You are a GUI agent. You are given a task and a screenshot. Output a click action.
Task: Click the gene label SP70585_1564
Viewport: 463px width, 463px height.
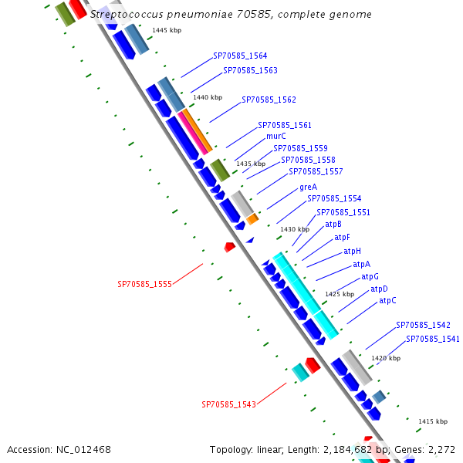coord(240,56)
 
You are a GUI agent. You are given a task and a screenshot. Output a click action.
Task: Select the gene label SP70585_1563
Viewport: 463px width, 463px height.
coord(250,70)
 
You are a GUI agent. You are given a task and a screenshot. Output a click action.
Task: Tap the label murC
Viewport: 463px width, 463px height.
coord(275,136)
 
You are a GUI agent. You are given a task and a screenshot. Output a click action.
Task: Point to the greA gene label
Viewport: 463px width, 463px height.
coord(308,188)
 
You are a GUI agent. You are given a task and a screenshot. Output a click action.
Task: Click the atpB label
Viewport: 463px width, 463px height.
coord(333,225)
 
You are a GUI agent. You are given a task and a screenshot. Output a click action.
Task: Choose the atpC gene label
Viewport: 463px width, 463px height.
coord(387,301)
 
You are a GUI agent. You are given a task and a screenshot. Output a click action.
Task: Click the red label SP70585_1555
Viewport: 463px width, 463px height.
coord(144,284)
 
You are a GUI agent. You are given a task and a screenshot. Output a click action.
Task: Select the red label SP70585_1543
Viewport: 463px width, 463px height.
coord(228,404)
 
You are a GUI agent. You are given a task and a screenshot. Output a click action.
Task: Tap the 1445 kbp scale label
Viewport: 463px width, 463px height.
coord(167,30)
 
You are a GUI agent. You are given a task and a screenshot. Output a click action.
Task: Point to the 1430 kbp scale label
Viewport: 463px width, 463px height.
coord(294,229)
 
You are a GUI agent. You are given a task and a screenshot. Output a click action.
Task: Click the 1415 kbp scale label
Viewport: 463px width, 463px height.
coord(432,421)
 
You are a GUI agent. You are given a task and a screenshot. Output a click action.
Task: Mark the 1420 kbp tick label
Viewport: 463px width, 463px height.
coord(386,358)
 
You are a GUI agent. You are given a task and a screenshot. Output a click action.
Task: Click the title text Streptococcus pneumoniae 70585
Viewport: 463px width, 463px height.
coord(230,15)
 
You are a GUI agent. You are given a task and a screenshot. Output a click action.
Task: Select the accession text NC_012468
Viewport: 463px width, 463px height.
coord(59,449)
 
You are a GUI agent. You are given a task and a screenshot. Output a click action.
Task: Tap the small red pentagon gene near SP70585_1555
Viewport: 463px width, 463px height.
coord(229,247)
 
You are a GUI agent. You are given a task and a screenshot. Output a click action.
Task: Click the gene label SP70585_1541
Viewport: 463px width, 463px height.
coord(432,339)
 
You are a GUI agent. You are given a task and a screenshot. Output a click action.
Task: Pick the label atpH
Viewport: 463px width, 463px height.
coord(352,251)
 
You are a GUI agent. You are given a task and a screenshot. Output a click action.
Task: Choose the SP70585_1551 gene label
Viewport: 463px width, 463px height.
coord(343,212)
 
